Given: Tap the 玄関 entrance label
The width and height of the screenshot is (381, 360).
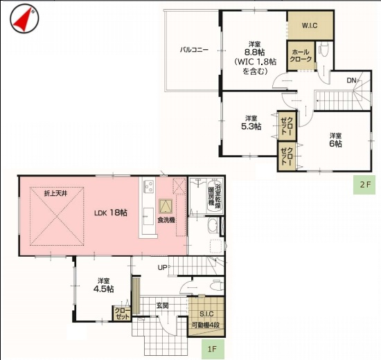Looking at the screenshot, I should point(162,305).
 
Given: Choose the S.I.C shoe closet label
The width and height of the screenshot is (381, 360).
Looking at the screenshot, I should point(205,315).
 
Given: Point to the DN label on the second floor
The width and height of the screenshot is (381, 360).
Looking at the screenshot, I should point(351,81).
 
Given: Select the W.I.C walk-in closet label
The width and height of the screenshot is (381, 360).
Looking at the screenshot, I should point(310,26).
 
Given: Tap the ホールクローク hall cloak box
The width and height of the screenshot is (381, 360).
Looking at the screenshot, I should point(301,55).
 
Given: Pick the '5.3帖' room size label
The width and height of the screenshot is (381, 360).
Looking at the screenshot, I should point(251,127).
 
